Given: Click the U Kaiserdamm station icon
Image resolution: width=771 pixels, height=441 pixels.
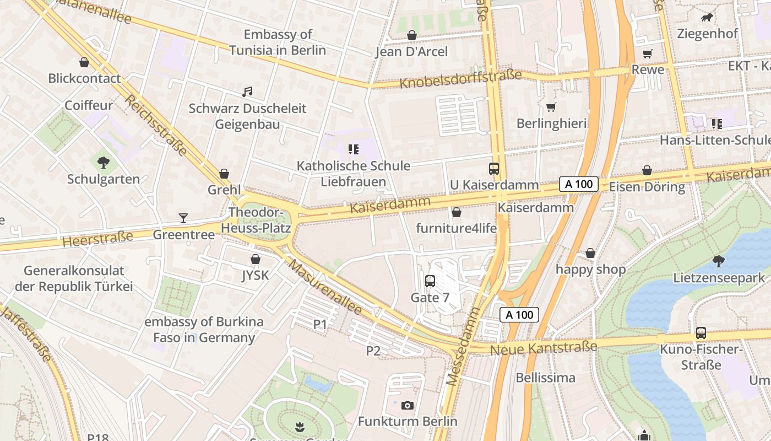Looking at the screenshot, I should [x=494, y=169].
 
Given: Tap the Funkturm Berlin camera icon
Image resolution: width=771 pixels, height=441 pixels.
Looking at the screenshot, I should [x=408, y=406].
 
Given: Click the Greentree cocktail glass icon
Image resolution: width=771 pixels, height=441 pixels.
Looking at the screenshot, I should [x=183, y=218].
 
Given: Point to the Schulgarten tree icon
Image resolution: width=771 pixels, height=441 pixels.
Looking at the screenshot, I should [x=103, y=163].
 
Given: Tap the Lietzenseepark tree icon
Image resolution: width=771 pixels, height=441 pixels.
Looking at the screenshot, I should [x=718, y=261].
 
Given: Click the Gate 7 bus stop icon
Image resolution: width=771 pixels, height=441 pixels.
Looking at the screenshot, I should [x=430, y=281].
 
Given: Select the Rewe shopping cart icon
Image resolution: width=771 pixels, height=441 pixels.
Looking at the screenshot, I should [x=647, y=53].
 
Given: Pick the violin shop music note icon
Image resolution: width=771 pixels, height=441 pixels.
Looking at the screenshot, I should [x=247, y=92].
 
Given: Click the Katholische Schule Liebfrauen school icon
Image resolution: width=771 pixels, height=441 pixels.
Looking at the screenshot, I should [x=353, y=149].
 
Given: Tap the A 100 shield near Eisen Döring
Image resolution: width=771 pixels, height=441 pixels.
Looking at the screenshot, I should [x=579, y=184].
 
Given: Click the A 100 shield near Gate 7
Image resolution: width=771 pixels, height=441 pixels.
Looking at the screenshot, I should [x=519, y=315].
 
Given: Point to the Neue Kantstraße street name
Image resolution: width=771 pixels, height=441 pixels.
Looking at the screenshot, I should [x=543, y=348].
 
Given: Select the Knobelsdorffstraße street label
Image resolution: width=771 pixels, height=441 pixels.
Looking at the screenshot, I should [x=460, y=79].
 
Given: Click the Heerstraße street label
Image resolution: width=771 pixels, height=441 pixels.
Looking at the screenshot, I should [x=97, y=239].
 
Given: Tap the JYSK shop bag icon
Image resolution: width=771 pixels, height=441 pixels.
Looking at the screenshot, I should [x=256, y=259].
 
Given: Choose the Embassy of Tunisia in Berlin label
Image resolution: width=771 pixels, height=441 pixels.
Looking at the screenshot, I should [x=278, y=42].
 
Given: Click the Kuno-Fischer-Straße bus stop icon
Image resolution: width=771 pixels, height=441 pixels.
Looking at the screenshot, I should [x=701, y=333].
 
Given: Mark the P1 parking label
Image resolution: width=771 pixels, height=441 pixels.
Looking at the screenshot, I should [x=320, y=325].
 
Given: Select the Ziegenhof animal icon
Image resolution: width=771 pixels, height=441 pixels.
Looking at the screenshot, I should [x=707, y=18].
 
